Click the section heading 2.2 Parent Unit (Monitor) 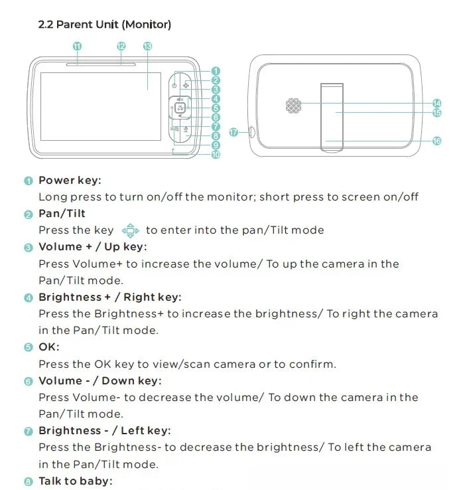click(x=105, y=25)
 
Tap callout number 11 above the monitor click(x=77, y=46)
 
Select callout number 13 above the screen click(x=147, y=46)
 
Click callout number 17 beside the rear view click(x=233, y=133)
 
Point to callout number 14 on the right click(x=437, y=103)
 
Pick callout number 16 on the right click(x=437, y=141)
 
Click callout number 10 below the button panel click(x=216, y=155)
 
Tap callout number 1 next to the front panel click(x=216, y=71)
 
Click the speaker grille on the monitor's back click(x=294, y=106)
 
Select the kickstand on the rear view click(x=332, y=118)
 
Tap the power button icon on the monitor click(x=174, y=85)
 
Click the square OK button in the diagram click(x=180, y=108)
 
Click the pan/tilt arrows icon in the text click(x=130, y=230)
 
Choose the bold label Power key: click(x=70, y=181)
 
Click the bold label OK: click(x=49, y=347)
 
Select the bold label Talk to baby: click(x=76, y=481)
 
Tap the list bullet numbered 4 click(x=29, y=298)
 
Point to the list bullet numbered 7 click(x=29, y=432)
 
